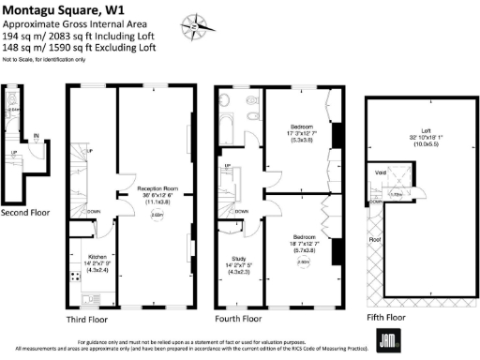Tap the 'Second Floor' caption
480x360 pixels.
pos(25,212)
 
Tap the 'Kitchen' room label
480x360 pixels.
pos(98,256)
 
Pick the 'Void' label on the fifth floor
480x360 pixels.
pos(382,172)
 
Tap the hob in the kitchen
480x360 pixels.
pos(74,277)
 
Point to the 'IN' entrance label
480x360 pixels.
pos(36,138)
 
